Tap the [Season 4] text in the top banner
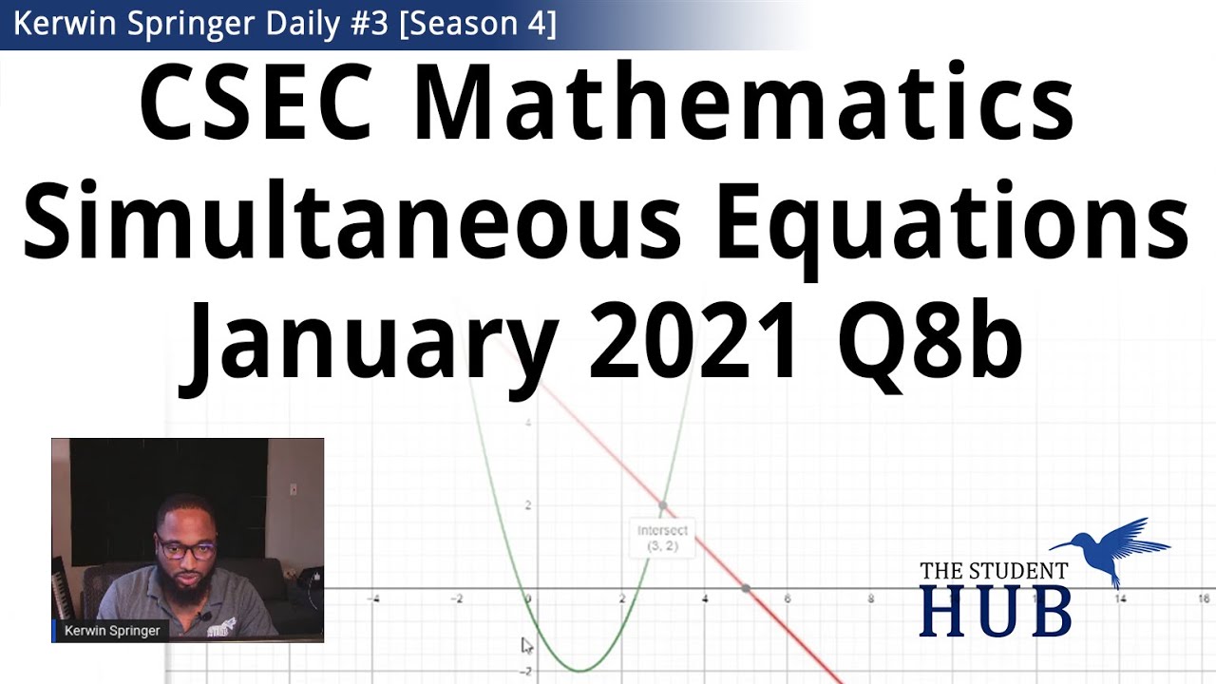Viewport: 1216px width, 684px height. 478,24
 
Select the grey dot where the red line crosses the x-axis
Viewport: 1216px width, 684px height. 747,589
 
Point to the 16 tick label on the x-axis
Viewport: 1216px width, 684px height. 1204,599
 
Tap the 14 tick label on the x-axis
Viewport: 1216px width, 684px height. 1122,599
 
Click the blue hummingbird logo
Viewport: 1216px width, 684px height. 1111,546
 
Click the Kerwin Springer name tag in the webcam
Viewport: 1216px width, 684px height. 112,630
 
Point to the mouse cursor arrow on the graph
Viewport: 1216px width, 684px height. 527,646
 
